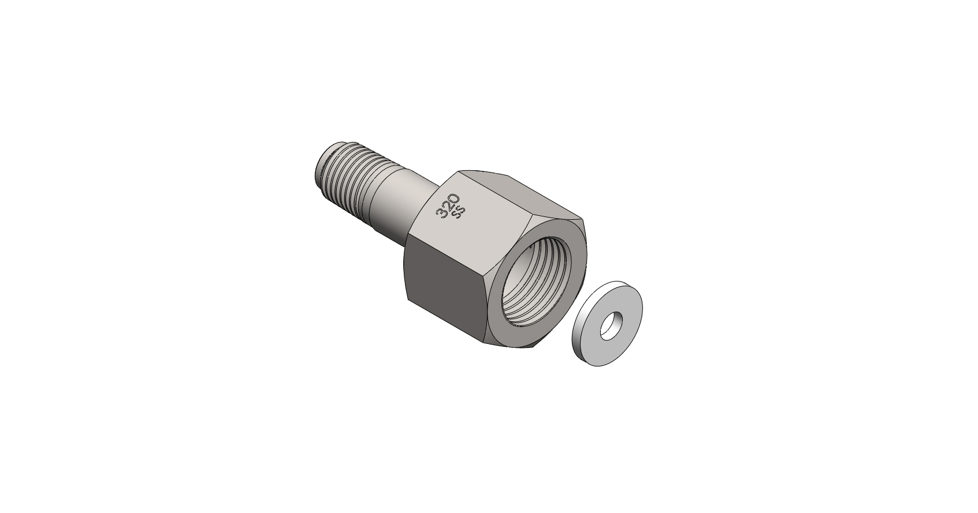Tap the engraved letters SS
(x=460, y=212)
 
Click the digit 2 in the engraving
(x=447, y=206)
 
